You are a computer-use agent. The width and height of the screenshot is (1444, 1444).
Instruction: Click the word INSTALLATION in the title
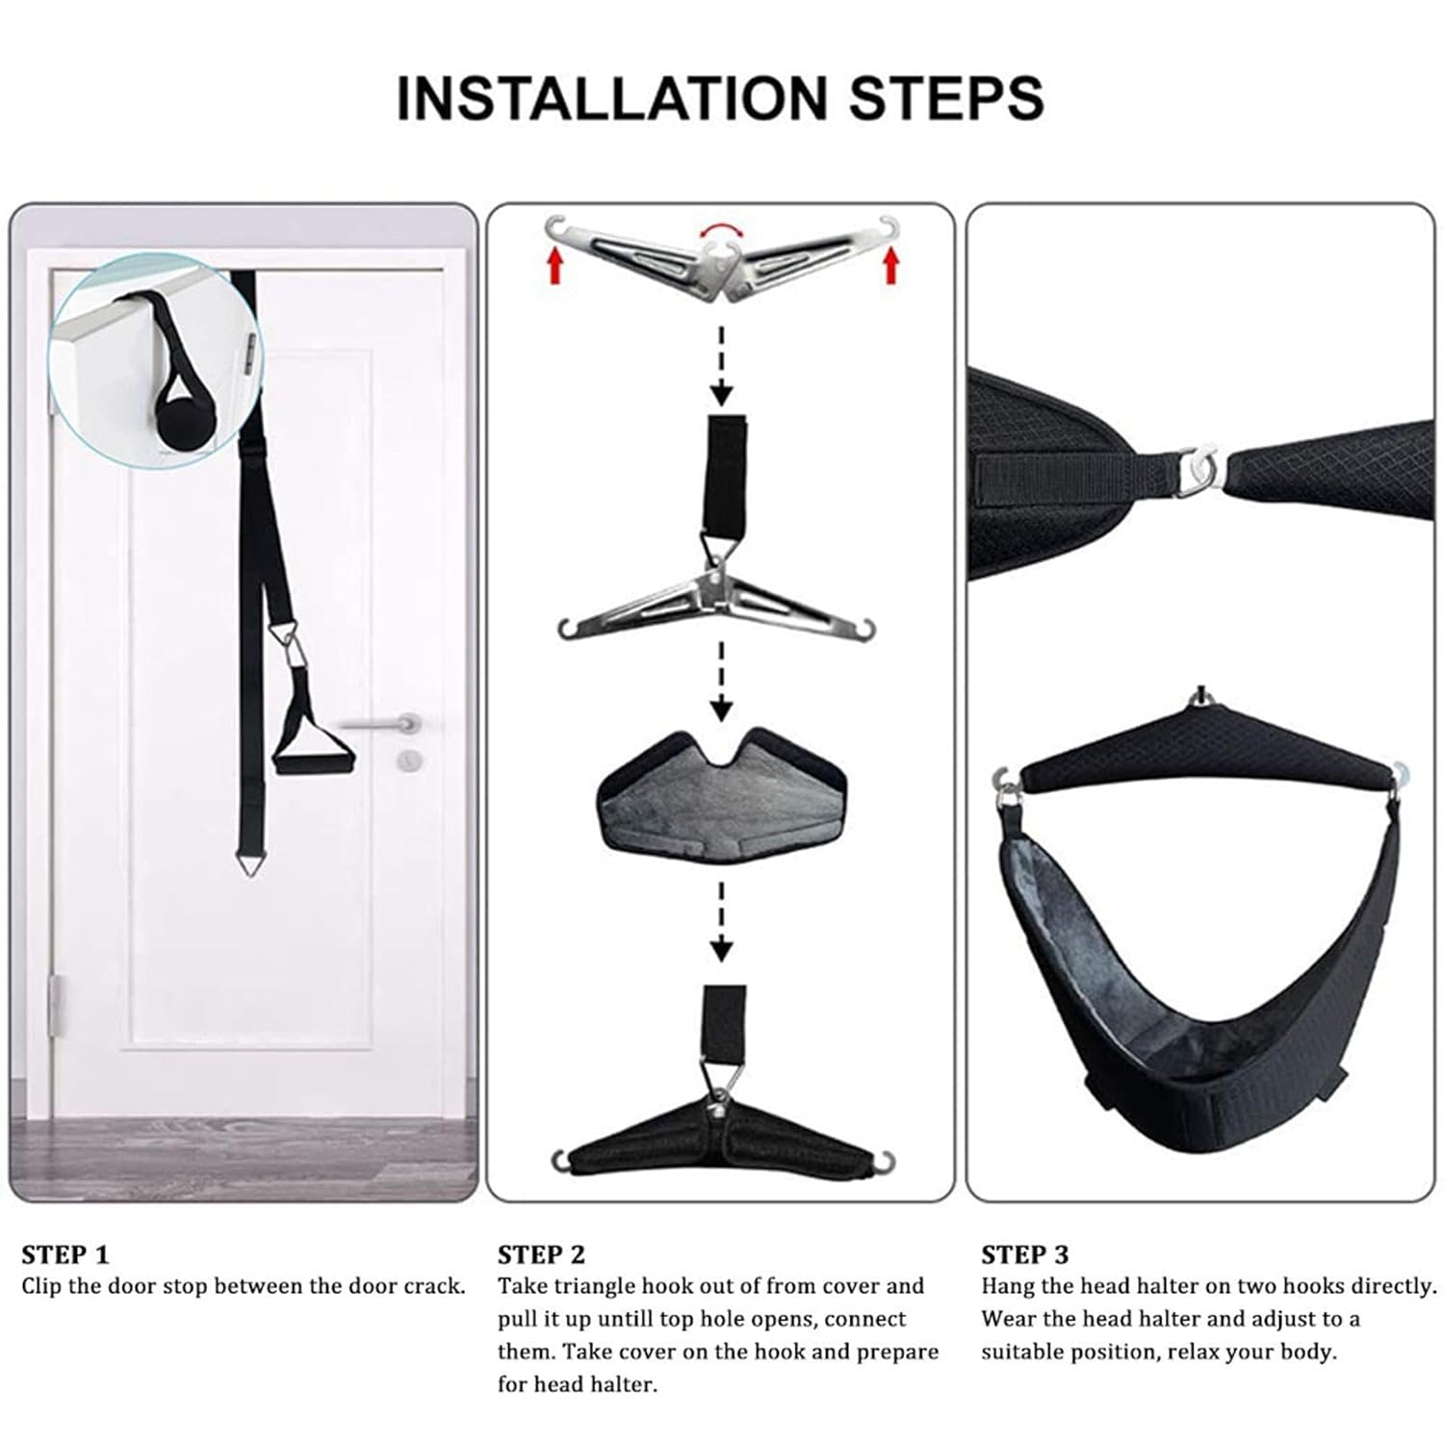coord(612,97)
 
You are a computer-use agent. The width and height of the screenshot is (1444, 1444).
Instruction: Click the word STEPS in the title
coord(946,97)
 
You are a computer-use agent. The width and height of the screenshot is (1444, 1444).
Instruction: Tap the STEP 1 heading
coord(65,1254)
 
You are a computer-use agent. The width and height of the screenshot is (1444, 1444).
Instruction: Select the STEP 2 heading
coord(541,1254)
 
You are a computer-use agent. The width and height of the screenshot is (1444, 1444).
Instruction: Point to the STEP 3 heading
coord(1024,1254)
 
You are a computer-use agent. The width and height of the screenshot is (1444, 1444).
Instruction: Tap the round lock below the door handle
coord(411,761)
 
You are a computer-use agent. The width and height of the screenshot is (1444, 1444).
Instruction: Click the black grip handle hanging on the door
coord(313,751)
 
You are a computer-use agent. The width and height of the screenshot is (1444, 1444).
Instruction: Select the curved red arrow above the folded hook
coord(721,231)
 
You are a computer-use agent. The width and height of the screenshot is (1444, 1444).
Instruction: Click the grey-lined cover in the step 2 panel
coord(721,797)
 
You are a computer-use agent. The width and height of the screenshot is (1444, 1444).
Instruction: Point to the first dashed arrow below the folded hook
coord(721,366)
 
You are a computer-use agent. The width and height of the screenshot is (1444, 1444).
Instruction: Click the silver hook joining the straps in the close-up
coord(1199,469)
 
